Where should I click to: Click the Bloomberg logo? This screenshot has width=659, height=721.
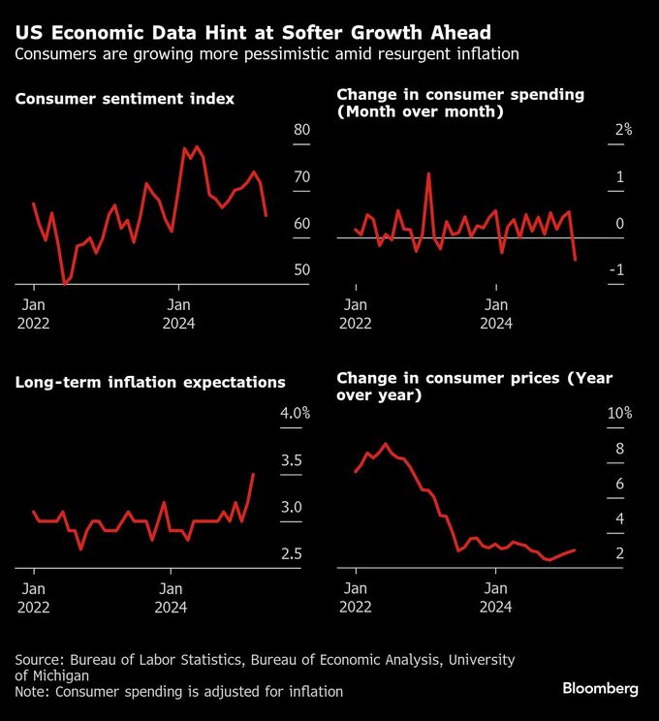tap(600, 688)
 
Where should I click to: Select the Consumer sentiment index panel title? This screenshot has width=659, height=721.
tap(125, 99)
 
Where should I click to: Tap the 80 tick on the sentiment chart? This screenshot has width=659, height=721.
tap(301, 131)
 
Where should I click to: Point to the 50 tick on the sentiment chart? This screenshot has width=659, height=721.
tap(301, 269)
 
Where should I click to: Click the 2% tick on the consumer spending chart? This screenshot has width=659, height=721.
tap(621, 130)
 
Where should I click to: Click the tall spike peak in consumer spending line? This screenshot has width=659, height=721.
tap(428, 173)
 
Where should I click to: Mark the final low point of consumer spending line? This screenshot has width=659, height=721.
tap(576, 260)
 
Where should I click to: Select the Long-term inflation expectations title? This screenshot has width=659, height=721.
tap(150, 382)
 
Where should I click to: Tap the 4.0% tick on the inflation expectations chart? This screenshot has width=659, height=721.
tap(295, 414)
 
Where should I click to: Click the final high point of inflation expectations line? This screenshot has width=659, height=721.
tap(253, 474)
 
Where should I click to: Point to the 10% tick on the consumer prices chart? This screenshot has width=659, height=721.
tap(619, 414)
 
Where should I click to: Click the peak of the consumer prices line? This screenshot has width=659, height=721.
tap(386, 444)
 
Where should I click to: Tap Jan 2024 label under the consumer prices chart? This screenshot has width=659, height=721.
tap(496, 596)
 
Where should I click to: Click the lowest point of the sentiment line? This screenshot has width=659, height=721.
tap(65, 284)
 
